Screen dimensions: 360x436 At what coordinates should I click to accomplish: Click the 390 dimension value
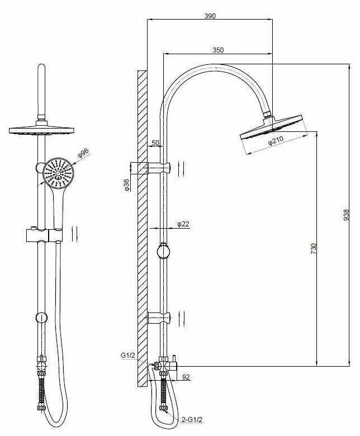pyautogui.click(x=210, y=16)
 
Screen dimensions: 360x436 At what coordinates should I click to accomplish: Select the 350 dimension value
pyautogui.click(x=218, y=50)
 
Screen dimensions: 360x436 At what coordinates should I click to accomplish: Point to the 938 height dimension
pyautogui.click(x=346, y=215)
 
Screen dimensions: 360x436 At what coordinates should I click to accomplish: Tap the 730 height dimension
pyautogui.click(x=314, y=249)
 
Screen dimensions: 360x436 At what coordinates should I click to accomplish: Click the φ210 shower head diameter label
pyautogui.click(x=276, y=140)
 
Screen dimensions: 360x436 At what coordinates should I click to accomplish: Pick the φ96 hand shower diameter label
pyautogui.click(x=83, y=154)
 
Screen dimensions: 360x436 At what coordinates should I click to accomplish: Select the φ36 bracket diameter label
pyautogui.click(x=126, y=185)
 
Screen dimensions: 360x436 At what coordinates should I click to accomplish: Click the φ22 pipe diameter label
pyautogui.click(x=183, y=224)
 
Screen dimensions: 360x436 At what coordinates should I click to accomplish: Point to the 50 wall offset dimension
pyautogui.click(x=155, y=143)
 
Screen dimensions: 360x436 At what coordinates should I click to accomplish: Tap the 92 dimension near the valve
pyautogui.click(x=186, y=377)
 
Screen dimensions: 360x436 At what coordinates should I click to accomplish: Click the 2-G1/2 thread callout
pyautogui.click(x=192, y=420)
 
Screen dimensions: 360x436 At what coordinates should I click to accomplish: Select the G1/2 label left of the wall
pyautogui.click(x=127, y=355)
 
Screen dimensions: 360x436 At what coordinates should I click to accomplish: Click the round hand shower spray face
pyautogui.click(x=58, y=173)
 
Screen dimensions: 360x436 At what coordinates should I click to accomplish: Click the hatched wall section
pyautogui.click(x=142, y=228)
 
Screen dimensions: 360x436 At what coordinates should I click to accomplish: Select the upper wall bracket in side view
pyautogui.click(x=158, y=168)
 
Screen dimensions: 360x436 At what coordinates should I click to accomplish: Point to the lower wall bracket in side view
pyautogui.click(x=158, y=318)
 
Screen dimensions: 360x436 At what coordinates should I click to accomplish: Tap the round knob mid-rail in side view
pyautogui.click(x=163, y=252)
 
